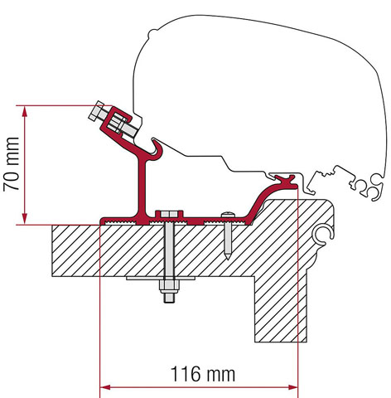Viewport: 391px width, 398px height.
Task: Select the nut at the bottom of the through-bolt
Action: click(x=169, y=294)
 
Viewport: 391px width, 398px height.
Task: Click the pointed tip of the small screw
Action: click(x=227, y=260)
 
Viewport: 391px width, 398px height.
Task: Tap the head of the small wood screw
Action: click(x=227, y=220)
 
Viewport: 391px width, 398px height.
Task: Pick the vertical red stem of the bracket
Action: click(x=138, y=191)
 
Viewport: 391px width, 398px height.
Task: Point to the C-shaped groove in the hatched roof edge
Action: click(x=321, y=237)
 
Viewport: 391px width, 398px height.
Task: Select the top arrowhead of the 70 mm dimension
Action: click(x=27, y=110)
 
